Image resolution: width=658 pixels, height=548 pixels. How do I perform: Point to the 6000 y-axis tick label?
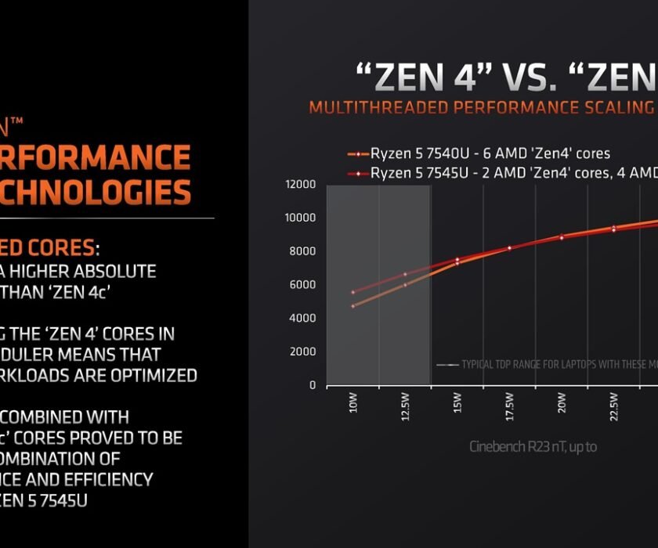302,285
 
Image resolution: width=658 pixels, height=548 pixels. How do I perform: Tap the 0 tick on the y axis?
311,385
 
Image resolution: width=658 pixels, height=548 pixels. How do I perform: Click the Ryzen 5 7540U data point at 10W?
353,306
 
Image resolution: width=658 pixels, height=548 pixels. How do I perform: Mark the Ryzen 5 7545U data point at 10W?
353,292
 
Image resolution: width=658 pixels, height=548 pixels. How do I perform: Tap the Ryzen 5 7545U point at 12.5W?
405,274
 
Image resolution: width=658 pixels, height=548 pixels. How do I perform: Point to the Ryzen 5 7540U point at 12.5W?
405,285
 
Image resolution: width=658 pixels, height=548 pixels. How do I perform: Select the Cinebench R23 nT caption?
533,447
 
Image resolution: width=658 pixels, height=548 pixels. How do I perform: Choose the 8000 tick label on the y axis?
302,251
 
